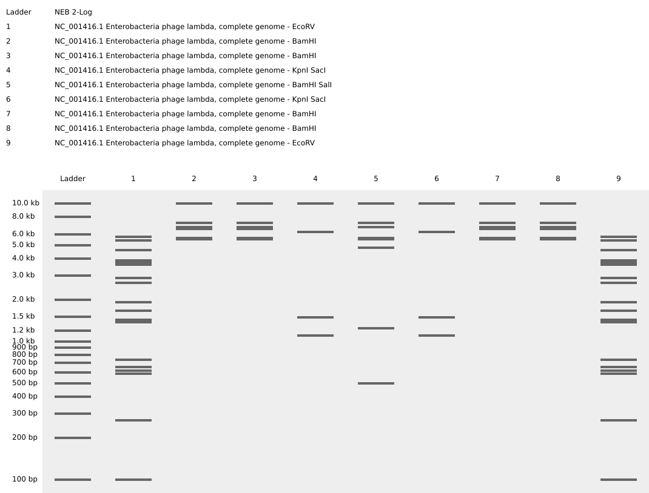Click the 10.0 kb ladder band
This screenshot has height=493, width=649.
click(73, 203)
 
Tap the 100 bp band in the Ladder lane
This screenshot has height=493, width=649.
click(73, 479)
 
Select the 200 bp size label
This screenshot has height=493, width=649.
click(25, 437)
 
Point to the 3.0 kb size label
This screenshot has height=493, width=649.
click(24, 275)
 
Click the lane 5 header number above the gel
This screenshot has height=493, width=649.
click(376, 179)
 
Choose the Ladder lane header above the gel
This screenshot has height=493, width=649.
click(73, 179)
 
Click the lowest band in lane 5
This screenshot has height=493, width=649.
click(376, 383)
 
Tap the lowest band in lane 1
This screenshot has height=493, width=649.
click(133, 479)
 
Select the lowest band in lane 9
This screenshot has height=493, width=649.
click(619, 479)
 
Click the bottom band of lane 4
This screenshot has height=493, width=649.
click(315, 335)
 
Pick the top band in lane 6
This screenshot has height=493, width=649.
click(437, 203)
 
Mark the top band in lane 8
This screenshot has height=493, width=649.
click(558, 203)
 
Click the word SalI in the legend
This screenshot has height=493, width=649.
click(325, 85)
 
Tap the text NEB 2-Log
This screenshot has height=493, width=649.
click(73, 12)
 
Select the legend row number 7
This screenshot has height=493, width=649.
click(8, 114)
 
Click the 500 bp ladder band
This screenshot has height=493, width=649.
click(73, 383)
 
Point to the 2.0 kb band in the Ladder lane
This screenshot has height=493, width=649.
click(73, 300)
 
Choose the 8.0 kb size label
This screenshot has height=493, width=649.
click(24, 216)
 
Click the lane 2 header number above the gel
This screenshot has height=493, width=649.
click(193, 179)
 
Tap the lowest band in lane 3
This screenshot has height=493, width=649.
click(255, 239)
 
